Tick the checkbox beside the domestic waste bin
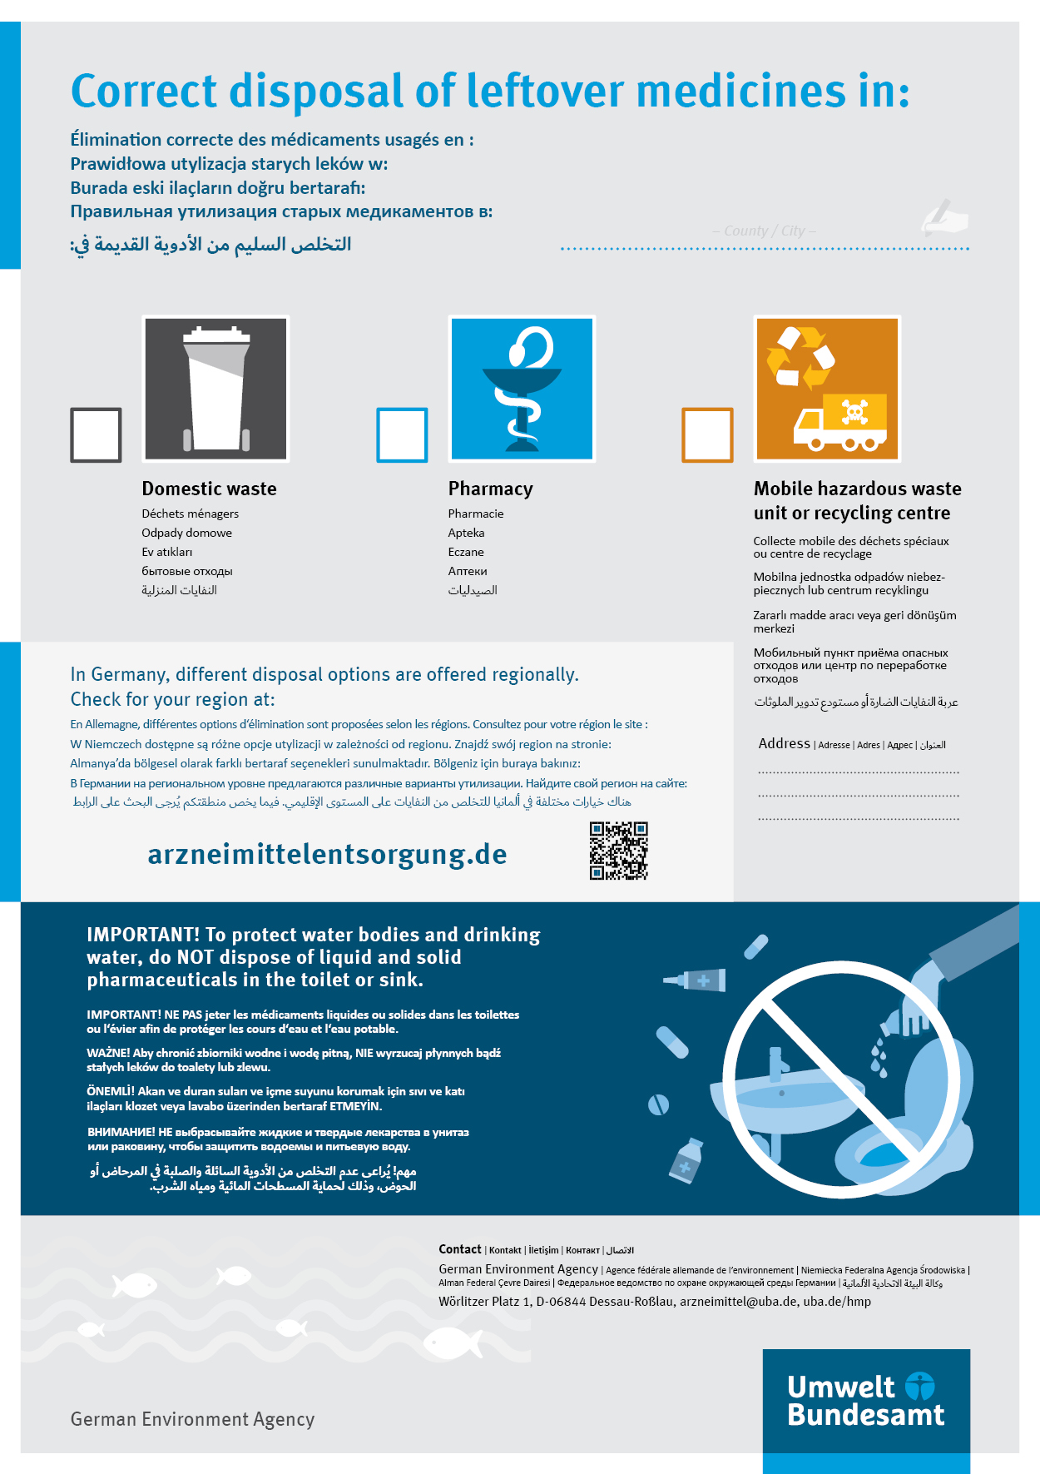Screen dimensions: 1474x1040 pyautogui.click(x=97, y=434)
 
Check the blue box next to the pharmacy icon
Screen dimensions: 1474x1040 pyautogui.click(x=402, y=434)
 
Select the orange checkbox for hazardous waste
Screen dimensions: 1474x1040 pyautogui.click(x=707, y=434)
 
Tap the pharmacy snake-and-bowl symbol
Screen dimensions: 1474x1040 pyautogui.click(x=522, y=389)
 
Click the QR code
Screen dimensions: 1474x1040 pyautogui.click(x=618, y=851)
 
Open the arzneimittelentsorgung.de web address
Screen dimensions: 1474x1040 pyautogui.click(x=327, y=855)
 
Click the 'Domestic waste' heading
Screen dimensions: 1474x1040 pyautogui.click(x=209, y=489)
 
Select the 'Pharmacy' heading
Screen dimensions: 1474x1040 pyautogui.click(x=490, y=489)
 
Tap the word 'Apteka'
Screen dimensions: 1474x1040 pyautogui.click(x=466, y=533)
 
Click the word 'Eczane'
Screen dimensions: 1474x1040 pyautogui.click(x=466, y=552)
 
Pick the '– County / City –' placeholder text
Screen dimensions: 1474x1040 pyautogui.click(x=764, y=231)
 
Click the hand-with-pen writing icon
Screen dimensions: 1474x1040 pyautogui.click(x=945, y=217)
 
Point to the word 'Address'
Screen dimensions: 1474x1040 pyautogui.click(x=784, y=743)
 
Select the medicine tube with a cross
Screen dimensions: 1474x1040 pyautogui.click(x=697, y=980)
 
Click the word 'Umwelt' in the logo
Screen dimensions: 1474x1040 pyautogui.click(x=840, y=1387)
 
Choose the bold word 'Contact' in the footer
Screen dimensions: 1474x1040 pyautogui.click(x=460, y=1249)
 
